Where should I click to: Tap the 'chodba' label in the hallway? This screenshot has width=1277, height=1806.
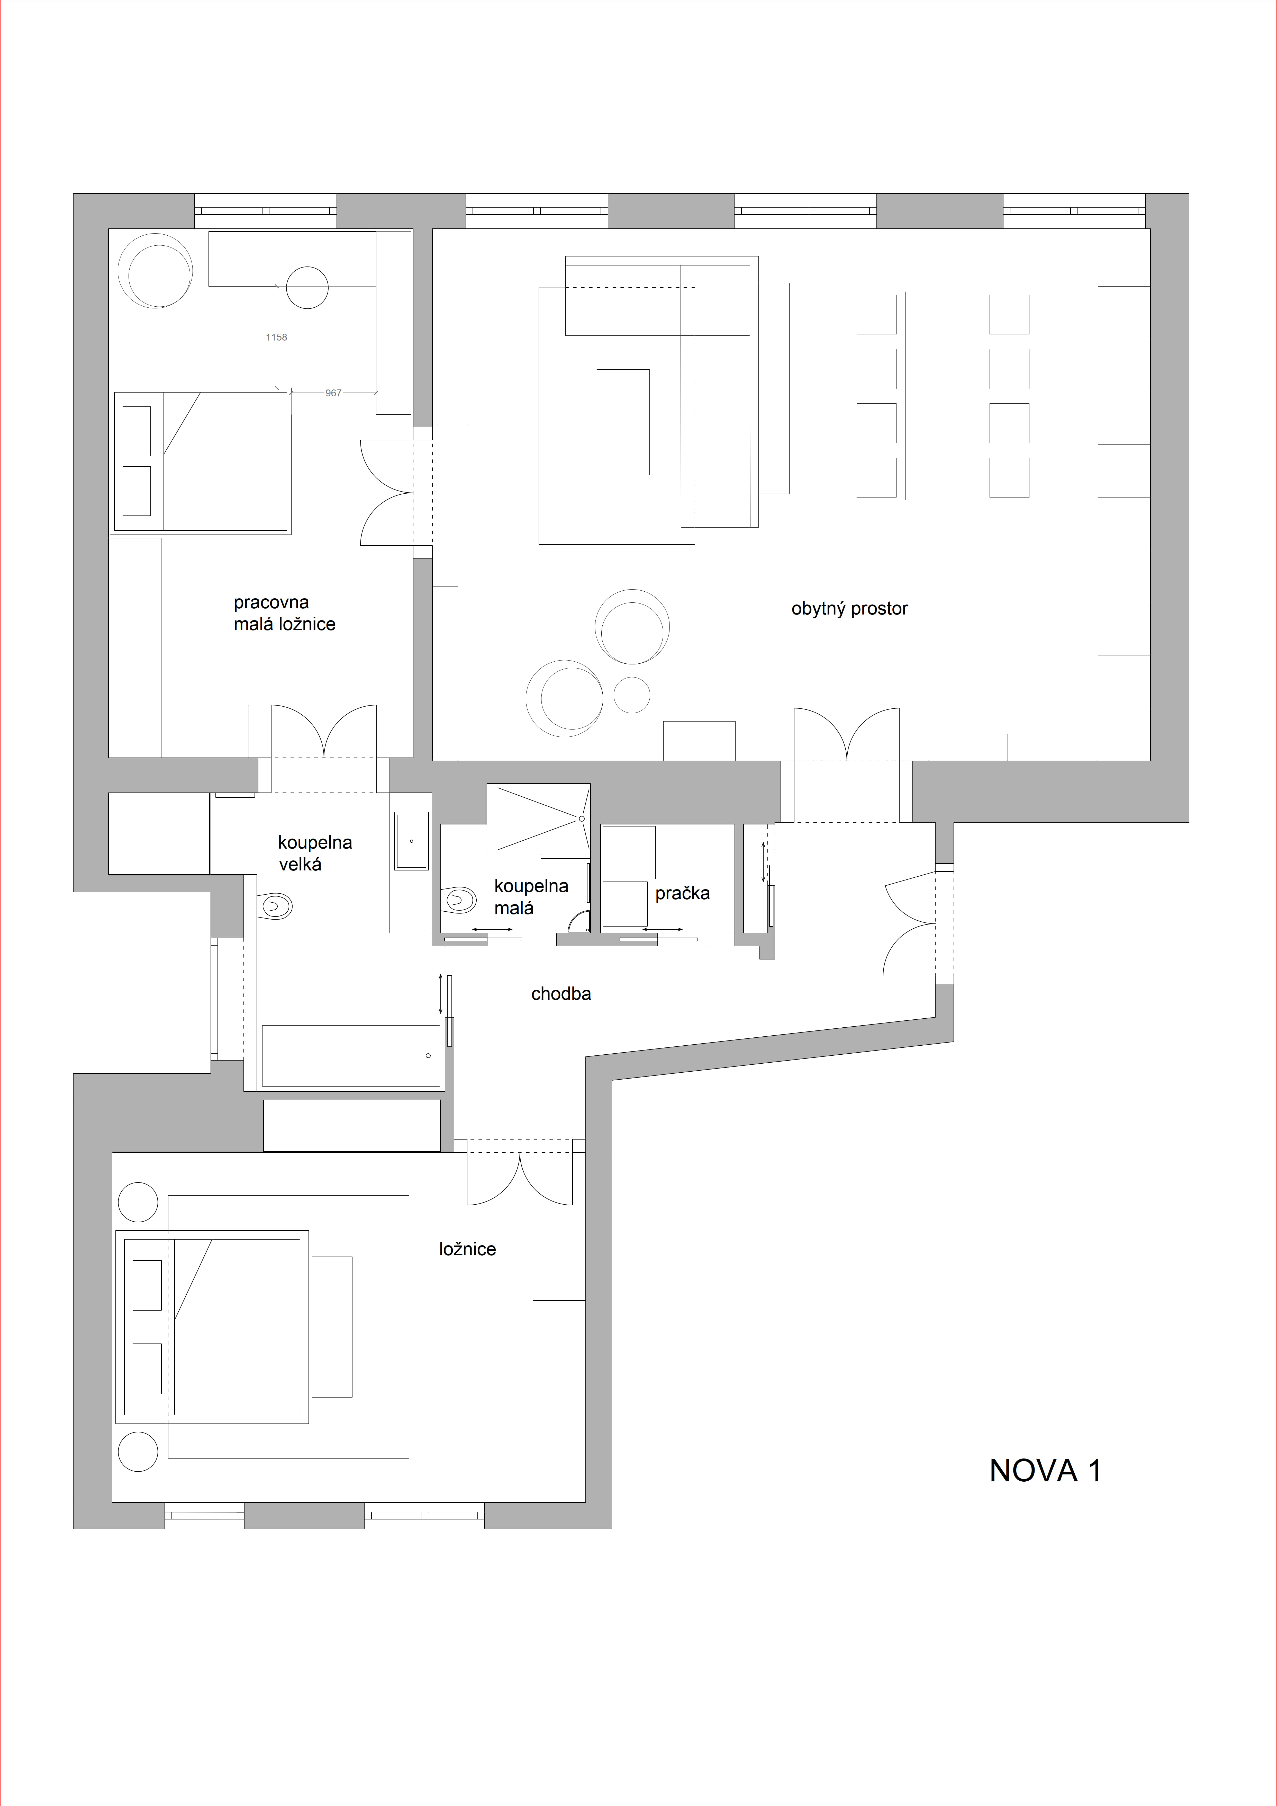pos(561,993)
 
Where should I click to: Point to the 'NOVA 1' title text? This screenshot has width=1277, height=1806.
pos(1045,1471)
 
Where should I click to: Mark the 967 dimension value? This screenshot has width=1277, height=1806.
pos(333,393)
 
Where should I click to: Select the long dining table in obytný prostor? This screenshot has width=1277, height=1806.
pos(940,396)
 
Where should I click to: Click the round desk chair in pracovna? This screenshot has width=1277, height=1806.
pos(307,288)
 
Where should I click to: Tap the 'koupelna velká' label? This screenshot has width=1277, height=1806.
pos(314,853)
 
